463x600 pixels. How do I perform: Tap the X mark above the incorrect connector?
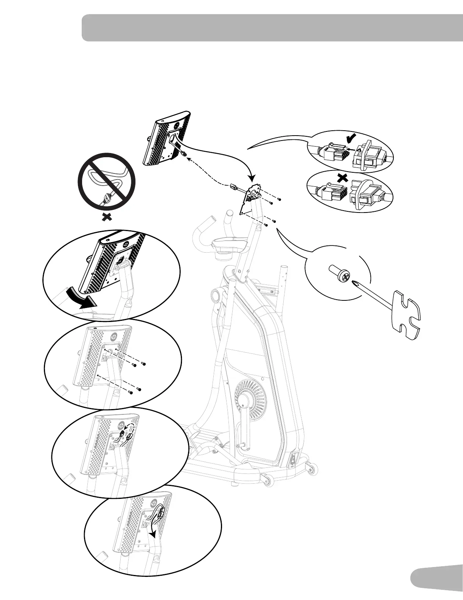point(342,178)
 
